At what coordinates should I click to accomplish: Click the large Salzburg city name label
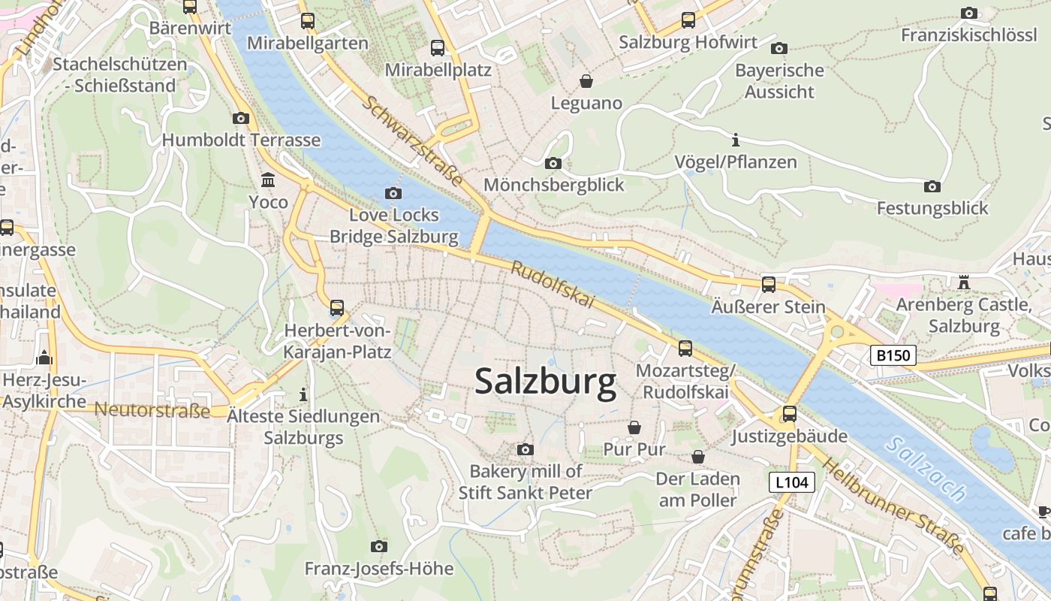(x=546, y=382)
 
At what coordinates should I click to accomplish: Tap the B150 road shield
(x=893, y=355)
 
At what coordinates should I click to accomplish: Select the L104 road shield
(x=792, y=482)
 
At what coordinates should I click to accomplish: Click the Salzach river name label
(x=925, y=470)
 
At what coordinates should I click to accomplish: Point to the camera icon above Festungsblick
(x=932, y=186)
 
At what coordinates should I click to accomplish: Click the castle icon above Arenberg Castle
(x=964, y=282)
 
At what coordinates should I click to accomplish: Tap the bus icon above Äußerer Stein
(x=768, y=285)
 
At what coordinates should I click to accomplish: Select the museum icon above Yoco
(x=268, y=180)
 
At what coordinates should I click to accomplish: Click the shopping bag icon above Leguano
(x=586, y=80)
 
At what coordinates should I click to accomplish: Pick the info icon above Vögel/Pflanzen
(x=735, y=140)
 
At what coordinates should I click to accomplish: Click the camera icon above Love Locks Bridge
(x=393, y=193)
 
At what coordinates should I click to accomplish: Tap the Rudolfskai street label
(x=553, y=285)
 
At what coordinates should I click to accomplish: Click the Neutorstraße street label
(x=152, y=410)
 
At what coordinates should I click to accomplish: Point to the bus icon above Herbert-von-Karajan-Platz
(x=337, y=307)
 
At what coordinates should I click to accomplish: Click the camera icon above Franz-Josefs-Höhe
(x=379, y=546)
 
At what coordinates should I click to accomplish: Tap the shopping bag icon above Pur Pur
(x=634, y=427)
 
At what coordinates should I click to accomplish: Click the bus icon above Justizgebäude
(x=789, y=414)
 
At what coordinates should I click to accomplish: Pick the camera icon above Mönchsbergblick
(x=553, y=163)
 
